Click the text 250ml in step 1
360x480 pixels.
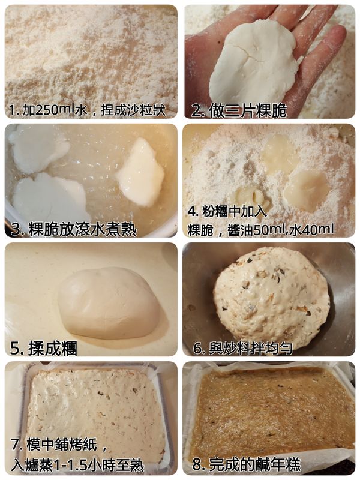click(55, 110)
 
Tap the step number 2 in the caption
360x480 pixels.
click(196, 110)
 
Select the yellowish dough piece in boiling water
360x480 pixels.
click(140, 173)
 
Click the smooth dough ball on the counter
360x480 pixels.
click(109, 303)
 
